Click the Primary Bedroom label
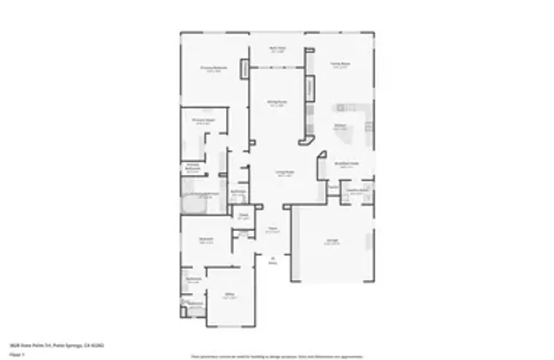point(214,69)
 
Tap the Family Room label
point(340,65)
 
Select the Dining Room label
point(276,103)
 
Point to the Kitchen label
point(340,127)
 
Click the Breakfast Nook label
point(346,164)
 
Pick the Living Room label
point(284,173)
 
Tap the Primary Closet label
point(203,121)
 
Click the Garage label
point(332,243)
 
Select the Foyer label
point(272,230)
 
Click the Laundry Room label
point(356,192)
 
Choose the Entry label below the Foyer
point(273,260)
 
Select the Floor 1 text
point(18,354)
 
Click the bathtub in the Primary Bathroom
point(192,206)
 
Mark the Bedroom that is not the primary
point(206,240)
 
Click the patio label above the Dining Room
point(277,50)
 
